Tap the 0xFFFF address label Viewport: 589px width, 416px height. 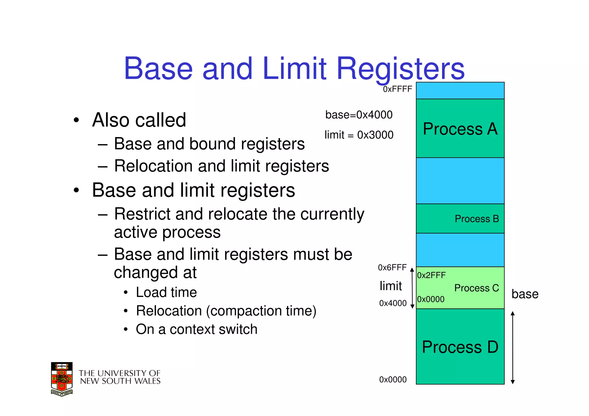[397, 89]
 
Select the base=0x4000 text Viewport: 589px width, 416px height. [359, 115]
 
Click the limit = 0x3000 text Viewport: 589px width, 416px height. [359, 135]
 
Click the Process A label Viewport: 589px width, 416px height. [460, 129]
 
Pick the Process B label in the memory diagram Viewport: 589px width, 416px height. [477, 219]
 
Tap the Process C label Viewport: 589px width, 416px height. [477, 288]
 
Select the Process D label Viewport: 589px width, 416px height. [460, 347]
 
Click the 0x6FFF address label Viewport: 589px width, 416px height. [392, 268]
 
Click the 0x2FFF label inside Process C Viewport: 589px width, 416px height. [431, 275]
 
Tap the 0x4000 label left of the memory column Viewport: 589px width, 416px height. [393, 303]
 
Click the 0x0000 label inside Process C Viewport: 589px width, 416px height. [431, 299]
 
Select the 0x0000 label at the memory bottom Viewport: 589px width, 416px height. [393, 379]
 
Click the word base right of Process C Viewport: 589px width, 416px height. [525, 294]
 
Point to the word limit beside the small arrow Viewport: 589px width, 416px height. [391, 286]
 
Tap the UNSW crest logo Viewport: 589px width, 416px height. [62, 379]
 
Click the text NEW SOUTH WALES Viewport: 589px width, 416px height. [120, 381]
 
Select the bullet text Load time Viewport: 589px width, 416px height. [166, 292]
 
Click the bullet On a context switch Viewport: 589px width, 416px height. [196, 329]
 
